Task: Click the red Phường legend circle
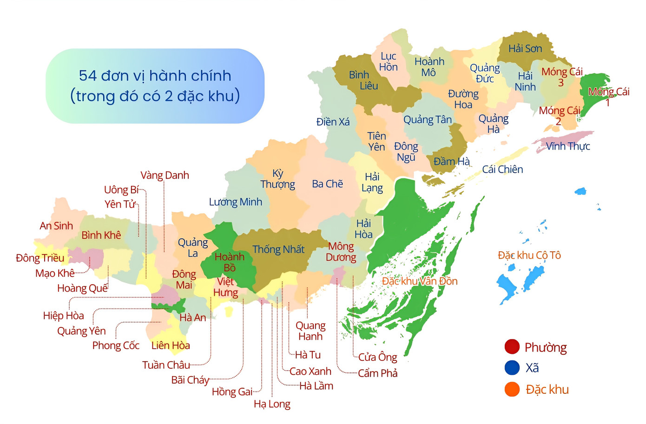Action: click(512, 347)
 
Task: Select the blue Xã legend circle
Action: click(512, 368)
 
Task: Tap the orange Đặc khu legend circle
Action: click(512, 389)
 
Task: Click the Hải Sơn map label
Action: click(525, 49)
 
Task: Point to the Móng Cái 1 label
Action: click(608, 97)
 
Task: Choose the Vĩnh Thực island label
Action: click(567, 146)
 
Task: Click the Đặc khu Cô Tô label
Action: click(529, 255)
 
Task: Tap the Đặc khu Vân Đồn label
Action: click(419, 281)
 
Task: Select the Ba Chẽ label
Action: click(327, 184)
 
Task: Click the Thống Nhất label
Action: click(278, 249)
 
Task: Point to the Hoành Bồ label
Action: click(229, 262)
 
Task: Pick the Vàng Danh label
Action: click(165, 176)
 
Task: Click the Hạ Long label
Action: click(272, 404)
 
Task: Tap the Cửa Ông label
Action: click(377, 357)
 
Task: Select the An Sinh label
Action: click(56, 226)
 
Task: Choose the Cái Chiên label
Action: click(502, 170)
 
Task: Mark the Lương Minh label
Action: click(235, 202)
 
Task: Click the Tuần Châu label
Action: click(166, 365)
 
